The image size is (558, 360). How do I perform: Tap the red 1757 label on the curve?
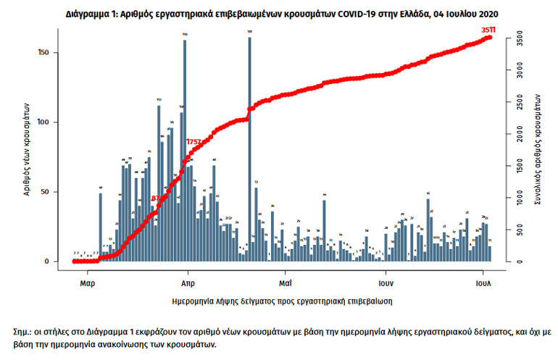193,141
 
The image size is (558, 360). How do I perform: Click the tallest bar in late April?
249,148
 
